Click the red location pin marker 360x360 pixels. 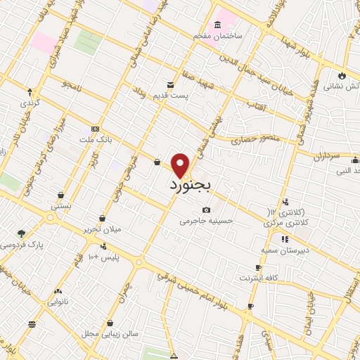pyautogui.click(x=181, y=165)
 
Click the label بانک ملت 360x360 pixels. pyautogui.click(x=96, y=140)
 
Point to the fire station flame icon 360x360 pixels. pyautogui.click(x=342, y=75)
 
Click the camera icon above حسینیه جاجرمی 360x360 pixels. pyautogui.click(x=205, y=210)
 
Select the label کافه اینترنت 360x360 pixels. pyautogui.click(x=258, y=278)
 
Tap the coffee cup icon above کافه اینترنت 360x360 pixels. pyautogui.click(x=258, y=267)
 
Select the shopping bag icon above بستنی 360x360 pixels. pyautogui.click(x=62, y=195)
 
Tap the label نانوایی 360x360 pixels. pyautogui.click(x=57, y=302)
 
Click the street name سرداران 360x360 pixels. pyautogui.click(x=326, y=153)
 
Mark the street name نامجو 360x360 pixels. pyautogui.click(x=71, y=86)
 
